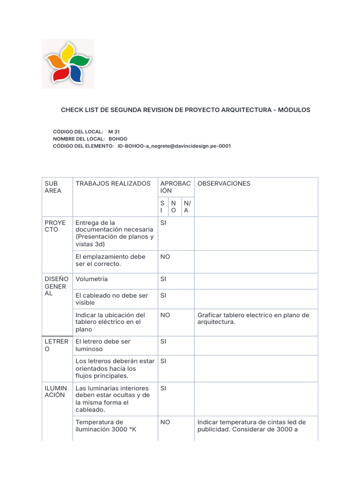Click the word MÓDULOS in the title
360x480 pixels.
(294, 110)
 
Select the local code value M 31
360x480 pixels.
(114, 132)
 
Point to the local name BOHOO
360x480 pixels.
(118, 139)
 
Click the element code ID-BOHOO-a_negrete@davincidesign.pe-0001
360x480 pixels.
(174, 146)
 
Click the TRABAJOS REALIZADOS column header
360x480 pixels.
(112, 183)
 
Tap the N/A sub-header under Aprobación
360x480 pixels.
(187, 207)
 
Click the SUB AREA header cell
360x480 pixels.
(53, 187)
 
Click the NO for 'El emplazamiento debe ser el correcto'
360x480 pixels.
(165, 257)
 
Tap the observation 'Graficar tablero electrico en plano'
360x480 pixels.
(253, 319)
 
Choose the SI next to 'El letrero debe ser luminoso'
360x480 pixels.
(163, 342)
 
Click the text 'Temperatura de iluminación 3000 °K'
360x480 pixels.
(105, 426)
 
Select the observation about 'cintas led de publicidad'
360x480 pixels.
(251, 426)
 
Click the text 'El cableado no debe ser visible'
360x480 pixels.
(112, 299)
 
